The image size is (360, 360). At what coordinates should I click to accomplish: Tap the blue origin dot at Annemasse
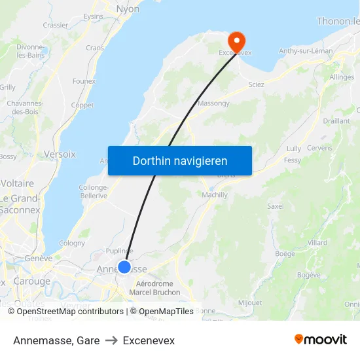coord(124,267)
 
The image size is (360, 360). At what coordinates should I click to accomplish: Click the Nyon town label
coord(128,9)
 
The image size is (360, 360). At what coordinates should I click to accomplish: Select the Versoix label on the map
coord(60,154)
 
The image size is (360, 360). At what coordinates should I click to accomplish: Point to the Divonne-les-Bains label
coord(30,51)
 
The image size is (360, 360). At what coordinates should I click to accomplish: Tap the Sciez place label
coord(256,85)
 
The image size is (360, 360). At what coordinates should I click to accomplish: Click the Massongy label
coord(213,103)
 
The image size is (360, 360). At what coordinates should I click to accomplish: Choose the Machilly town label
coord(215,195)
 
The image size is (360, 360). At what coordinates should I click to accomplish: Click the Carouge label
coord(32,281)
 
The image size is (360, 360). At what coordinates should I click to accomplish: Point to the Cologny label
coord(72,243)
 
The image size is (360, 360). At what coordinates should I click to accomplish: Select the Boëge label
coord(285,253)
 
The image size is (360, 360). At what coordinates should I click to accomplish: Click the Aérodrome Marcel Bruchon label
coord(154,288)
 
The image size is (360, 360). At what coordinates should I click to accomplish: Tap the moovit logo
coord(321,340)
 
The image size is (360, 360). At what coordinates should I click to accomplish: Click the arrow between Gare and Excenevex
coord(111,341)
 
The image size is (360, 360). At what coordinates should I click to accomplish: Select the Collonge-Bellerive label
coord(94,191)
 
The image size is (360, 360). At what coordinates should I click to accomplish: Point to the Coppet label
coord(82,105)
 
